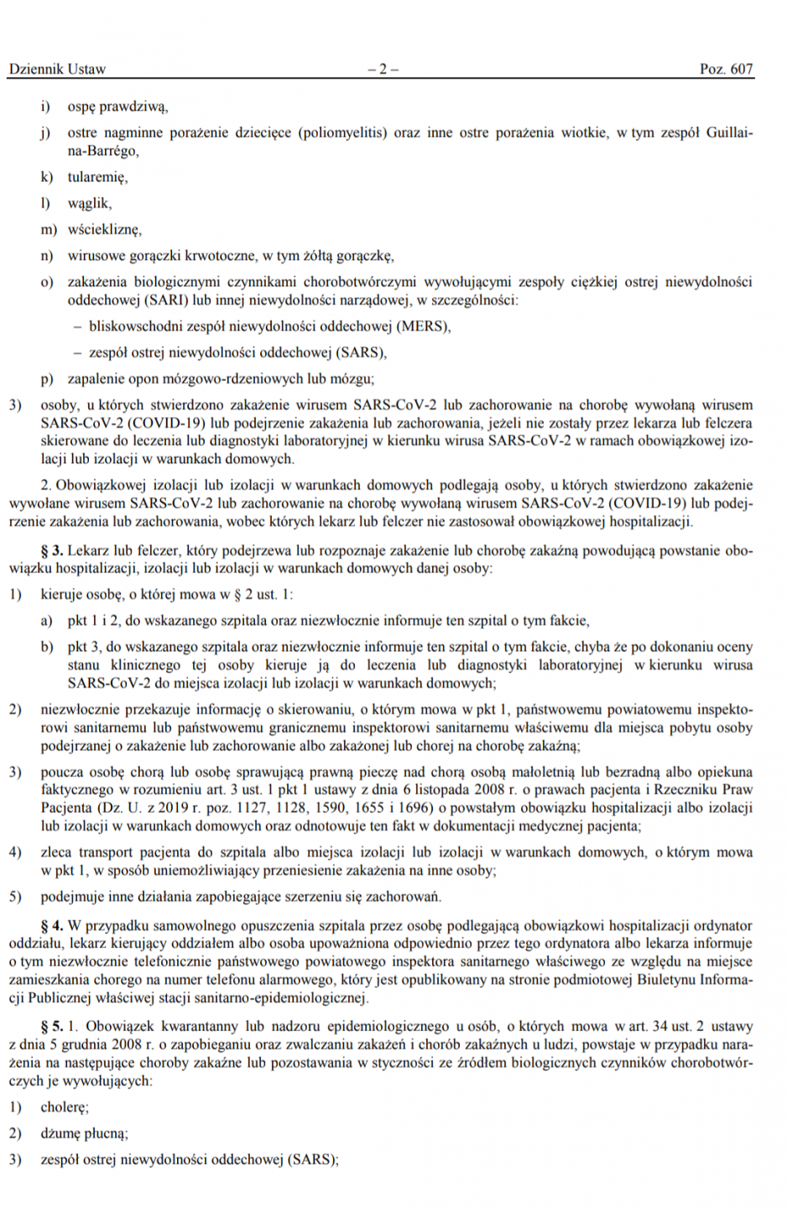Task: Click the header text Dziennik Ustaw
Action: click(x=57, y=69)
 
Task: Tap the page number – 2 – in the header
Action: click(x=383, y=69)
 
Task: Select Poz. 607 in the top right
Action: click(x=726, y=69)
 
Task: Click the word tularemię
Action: click(x=97, y=177)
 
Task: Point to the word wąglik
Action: click(x=89, y=203)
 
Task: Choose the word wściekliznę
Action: click(x=104, y=229)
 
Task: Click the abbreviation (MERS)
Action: click(x=423, y=326)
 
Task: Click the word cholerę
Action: click(x=65, y=1106)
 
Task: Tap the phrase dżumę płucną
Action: click(x=84, y=1133)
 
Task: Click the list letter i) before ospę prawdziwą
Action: click(x=45, y=107)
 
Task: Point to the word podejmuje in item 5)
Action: click(x=73, y=896)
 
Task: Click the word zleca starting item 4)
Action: click(x=56, y=851)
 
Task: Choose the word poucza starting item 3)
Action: click(x=61, y=772)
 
